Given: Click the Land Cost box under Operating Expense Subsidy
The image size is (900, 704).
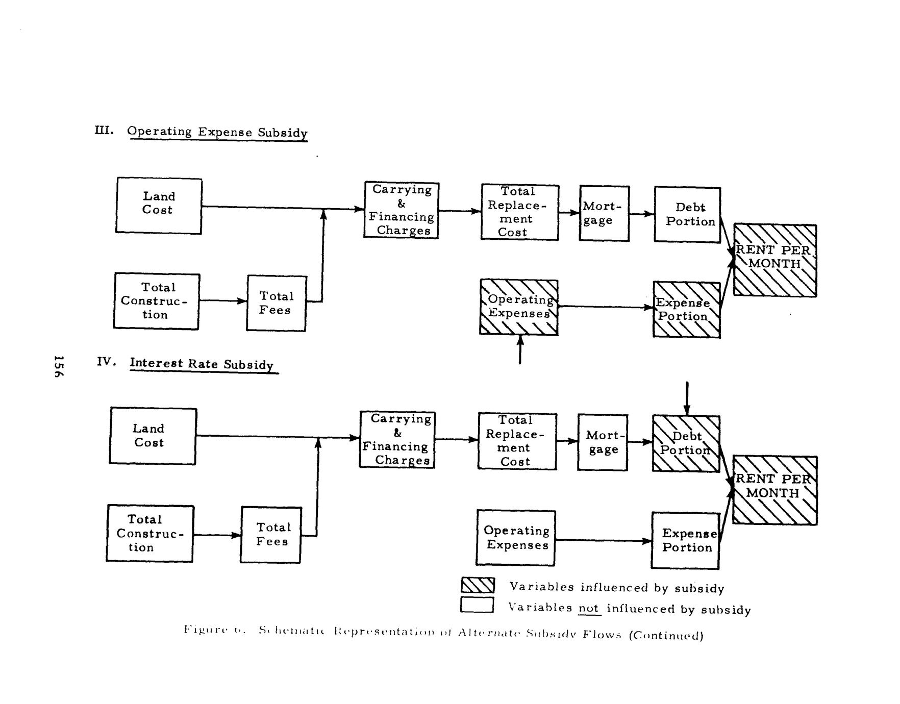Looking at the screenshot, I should click(159, 206).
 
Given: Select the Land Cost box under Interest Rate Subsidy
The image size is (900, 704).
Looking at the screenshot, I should click(153, 436).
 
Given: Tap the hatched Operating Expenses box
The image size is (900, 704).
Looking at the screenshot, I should click(519, 307).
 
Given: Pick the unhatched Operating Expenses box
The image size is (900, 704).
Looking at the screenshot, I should click(515, 538).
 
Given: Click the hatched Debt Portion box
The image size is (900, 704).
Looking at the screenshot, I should click(686, 444).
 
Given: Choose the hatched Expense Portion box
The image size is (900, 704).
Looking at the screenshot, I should click(687, 310).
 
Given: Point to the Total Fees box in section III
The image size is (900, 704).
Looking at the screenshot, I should click(276, 303).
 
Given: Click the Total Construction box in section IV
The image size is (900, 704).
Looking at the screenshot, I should click(150, 534).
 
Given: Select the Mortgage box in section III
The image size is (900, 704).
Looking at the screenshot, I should click(604, 213).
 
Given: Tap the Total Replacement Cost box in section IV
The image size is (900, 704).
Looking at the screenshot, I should click(517, 441).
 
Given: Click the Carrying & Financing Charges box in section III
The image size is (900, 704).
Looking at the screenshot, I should click(401, 210).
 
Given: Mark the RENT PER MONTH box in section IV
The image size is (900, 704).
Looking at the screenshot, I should click(774, 490).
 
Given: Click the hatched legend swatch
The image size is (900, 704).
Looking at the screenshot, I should click(478, 585).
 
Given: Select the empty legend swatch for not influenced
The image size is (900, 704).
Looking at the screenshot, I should click(477, 605).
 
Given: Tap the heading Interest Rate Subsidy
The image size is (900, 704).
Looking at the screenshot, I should click(202, 364).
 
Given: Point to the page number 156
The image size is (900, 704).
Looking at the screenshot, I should click(59, 366).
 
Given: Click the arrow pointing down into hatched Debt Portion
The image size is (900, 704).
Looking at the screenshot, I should click(687, 398).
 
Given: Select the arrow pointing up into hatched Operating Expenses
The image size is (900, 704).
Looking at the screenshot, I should click(520, 349).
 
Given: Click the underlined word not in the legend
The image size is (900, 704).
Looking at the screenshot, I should click(589, 608).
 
